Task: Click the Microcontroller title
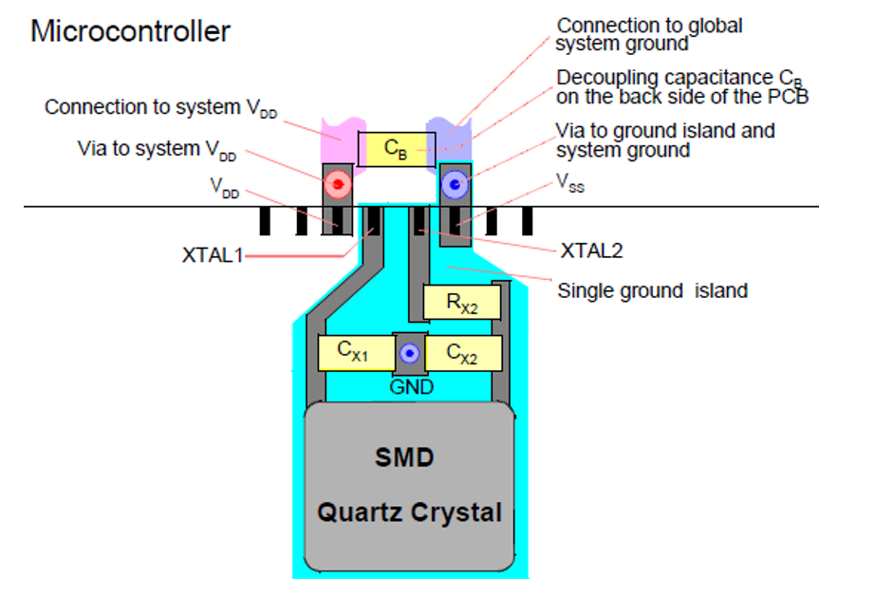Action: tap(130, 31)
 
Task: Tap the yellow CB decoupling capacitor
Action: tap(397, 149)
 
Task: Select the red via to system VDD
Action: tap(338, 184)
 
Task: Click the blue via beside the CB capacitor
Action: tap(456, 184)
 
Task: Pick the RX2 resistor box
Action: tap(462, 302)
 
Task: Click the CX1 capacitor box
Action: tap(356, 353)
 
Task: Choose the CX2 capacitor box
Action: tap(464, 353)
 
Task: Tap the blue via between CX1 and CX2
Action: tap(409, 354)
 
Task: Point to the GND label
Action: tap(411, 387)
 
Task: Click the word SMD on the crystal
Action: tap(404, 457)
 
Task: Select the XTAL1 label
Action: tap(213, 255)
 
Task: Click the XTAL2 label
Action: tap(592, 251)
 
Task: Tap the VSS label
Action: tap(570, 183)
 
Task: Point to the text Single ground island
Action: tap(653, 291)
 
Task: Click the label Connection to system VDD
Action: tap(160, 107)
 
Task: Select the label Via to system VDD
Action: tap(157, 150)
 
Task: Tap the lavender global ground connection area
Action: tap(450, 137)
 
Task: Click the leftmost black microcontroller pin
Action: tap(265, 221)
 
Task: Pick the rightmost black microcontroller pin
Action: tap(528, 221)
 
